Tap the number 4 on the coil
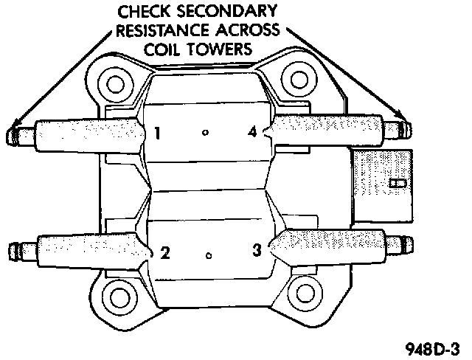[252, 132]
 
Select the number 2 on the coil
[165, 253]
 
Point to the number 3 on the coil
[257, 251]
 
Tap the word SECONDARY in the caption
[229, 12]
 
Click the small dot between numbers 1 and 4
[206, 133]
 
